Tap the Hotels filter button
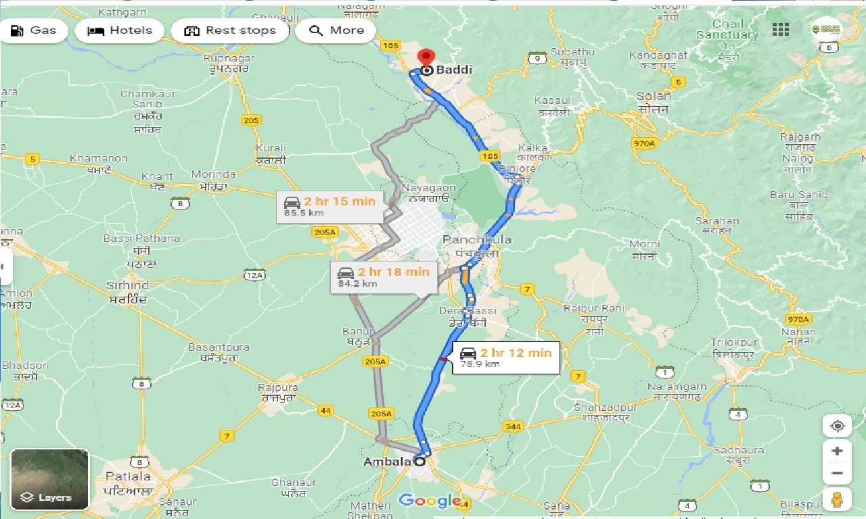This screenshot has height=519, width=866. [119, 30]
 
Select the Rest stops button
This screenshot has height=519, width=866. [230, 30]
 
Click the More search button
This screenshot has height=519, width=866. [336, 30]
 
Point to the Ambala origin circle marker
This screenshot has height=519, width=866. [419, 462]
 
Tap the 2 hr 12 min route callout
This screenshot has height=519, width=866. [506, 357]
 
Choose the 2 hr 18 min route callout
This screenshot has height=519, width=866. [383, 277]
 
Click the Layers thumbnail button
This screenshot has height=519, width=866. [49, 479]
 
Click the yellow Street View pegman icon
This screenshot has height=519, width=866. [837, 499]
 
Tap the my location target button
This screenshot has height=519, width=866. [838, 426]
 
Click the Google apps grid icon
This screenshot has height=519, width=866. [781, 30]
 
